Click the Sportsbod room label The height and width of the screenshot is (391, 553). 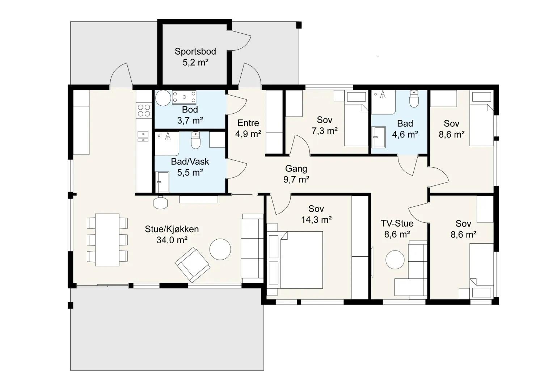[195, 51]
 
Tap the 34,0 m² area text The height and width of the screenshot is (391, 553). [172, 240]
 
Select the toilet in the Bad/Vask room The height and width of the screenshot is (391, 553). [196, 140]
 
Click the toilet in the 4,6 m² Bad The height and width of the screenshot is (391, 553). [414, 99]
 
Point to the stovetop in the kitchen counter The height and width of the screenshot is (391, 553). [144, 110]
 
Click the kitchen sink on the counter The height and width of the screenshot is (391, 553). [143, 136]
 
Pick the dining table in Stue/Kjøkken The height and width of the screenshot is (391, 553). [107, 240]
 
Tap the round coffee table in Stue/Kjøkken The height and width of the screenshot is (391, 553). [220, 249]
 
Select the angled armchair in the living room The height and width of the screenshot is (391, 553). [193, 265]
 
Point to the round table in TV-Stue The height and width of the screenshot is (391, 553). [395, 260]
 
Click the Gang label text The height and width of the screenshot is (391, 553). [296, 169]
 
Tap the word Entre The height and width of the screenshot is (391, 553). [248, 123]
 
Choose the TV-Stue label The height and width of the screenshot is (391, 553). [397, 223]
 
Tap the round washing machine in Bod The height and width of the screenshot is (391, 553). [163, 98]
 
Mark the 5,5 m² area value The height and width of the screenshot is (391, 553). [190, 172]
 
